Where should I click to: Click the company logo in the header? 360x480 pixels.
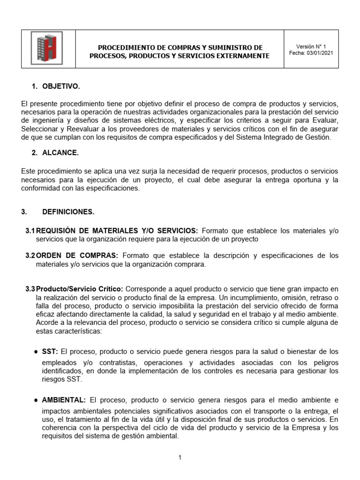tap(46, 48)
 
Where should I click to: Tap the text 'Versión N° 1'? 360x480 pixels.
tap(311, 46)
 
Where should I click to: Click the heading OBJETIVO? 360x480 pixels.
tap(61, 86)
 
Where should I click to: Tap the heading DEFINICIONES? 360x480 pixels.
tap(68, 212)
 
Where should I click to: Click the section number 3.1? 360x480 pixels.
tap(30, 231)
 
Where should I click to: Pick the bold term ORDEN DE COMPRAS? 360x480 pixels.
tap(77, 255)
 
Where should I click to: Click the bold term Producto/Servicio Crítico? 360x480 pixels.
tap(80, 289)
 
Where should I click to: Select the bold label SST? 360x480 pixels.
tap(50, 352)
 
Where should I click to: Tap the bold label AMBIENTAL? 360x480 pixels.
tap(64, 400)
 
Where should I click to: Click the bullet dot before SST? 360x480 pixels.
tap(37, 352)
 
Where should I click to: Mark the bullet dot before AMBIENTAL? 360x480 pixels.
tap(37, 400)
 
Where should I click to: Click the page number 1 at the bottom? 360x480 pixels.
tap(180, 458)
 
